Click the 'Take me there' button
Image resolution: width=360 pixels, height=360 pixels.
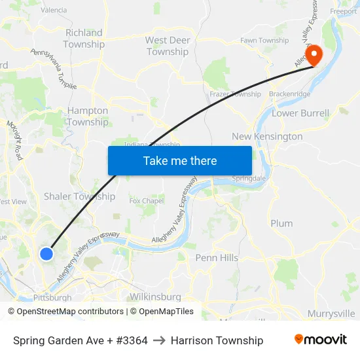tap(180, 160)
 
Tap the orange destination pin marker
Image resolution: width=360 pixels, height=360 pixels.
tap(313, 55)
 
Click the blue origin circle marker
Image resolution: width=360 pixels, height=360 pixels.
tap(46, 254)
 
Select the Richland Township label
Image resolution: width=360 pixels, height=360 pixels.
tap(84, 39)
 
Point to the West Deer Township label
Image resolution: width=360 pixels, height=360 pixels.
tap(168, 46)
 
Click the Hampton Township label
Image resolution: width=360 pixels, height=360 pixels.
tap(88, 117)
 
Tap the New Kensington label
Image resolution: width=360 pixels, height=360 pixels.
tap(267, 136)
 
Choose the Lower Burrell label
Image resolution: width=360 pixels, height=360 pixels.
tap(300, 113)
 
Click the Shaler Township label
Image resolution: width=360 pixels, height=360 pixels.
tap(79, 196)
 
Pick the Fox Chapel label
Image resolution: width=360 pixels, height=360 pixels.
tap(147, 201)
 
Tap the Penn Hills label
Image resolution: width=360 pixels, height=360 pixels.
tap(217, 258)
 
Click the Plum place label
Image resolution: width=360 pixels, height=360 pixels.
tap(281, 223)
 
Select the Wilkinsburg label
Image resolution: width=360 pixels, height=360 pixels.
tap(155, 297)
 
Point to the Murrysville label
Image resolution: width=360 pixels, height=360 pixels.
tap(331, 314)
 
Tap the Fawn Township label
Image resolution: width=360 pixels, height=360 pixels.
tap(264, 41)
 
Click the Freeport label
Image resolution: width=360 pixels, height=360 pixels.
tap(343, 11)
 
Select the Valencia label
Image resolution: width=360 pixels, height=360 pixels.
tap(54, 10)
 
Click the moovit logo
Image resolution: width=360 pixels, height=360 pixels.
tap(321, 340)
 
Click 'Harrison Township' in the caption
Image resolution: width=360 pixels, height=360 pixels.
tap(217, 340)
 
